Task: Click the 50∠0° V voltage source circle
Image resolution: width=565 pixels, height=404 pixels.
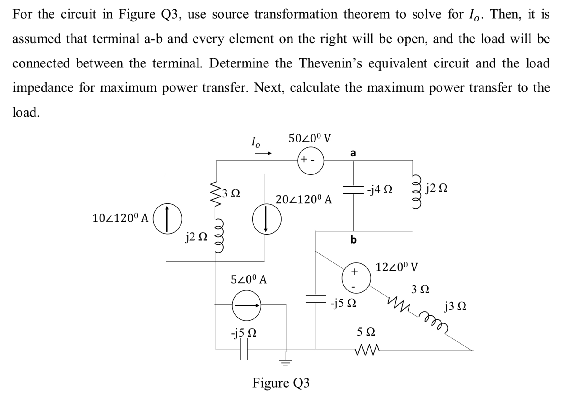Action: click(x=311, y=161)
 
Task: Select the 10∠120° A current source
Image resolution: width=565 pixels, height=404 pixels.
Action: click(x=167, y=218)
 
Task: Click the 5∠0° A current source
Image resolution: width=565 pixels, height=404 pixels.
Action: click(x=247, y=306)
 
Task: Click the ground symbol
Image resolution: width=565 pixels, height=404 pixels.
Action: click(x=286, y=362)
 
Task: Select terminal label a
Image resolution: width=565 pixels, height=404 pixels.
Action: click(x=353, y=153)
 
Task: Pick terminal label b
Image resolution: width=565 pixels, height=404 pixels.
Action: click(x=353, y=239)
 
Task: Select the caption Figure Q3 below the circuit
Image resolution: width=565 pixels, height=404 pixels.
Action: click(x=281, y=383)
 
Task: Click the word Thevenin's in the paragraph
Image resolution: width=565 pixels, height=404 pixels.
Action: click(x=330, y=63)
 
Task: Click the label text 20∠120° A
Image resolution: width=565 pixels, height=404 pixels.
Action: click(x=304, y=199)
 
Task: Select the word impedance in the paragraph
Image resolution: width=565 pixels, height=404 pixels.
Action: click(x=43, y=88)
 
